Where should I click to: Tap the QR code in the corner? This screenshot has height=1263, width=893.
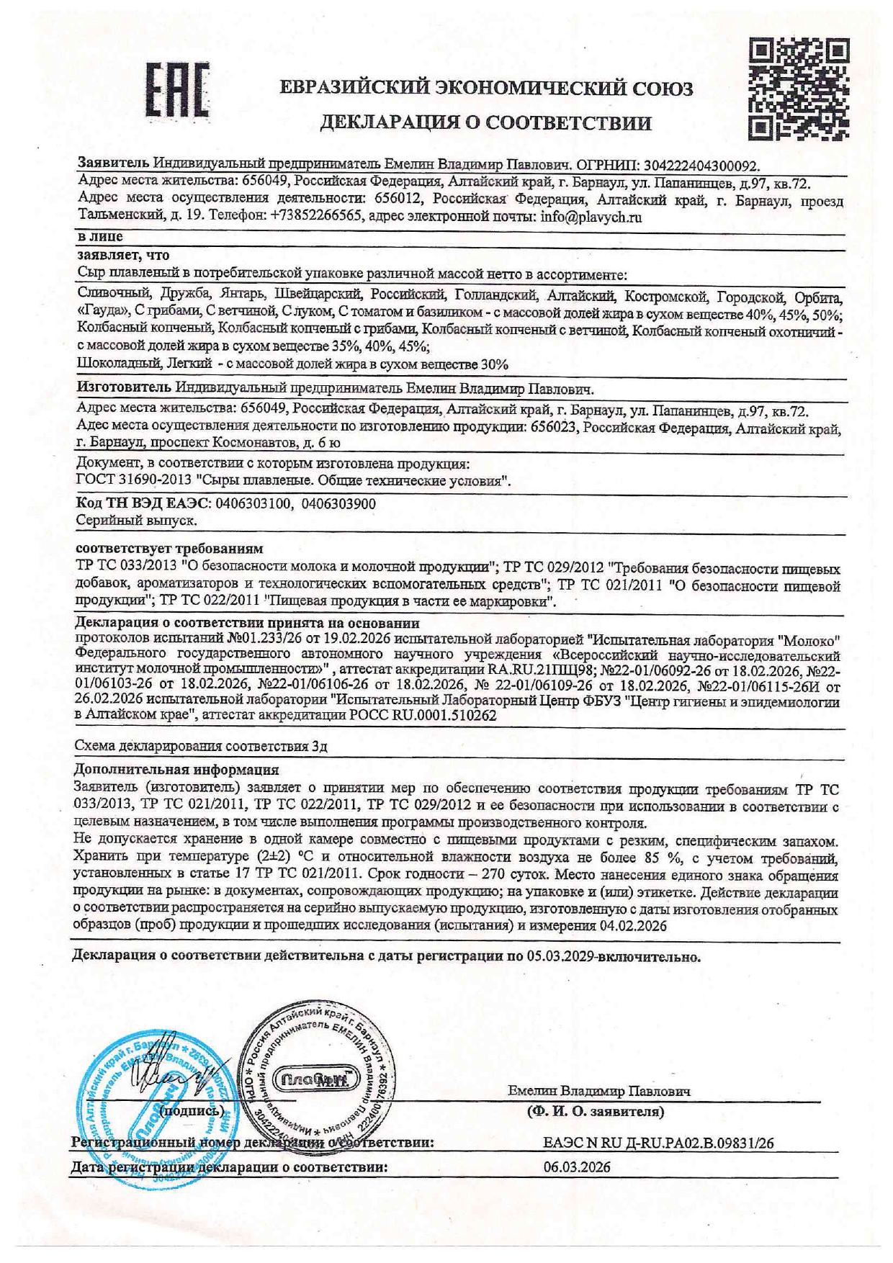pyautogui.click(x=798, y=90)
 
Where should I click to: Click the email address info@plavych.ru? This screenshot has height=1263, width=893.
pyautogui.click(x=591, y=217)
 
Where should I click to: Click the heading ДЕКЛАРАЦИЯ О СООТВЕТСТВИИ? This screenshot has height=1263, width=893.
pyautogui.click(x=485, y=122)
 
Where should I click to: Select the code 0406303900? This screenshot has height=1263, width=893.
pyautogui.click(x=338, y=504)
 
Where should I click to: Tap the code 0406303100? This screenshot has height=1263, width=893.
pyautogui.click(x=252, y=504)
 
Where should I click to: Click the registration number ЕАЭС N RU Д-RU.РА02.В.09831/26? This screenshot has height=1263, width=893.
pyautogui.click(x=658, y=1143)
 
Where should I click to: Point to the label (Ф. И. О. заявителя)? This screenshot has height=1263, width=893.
pyautogui.click(x=596, y=1112)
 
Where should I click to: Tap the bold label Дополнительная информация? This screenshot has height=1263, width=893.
pyautogui.click(x=176, y=770)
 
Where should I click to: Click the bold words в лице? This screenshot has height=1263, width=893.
pyautogui.click(x=99, y=236)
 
